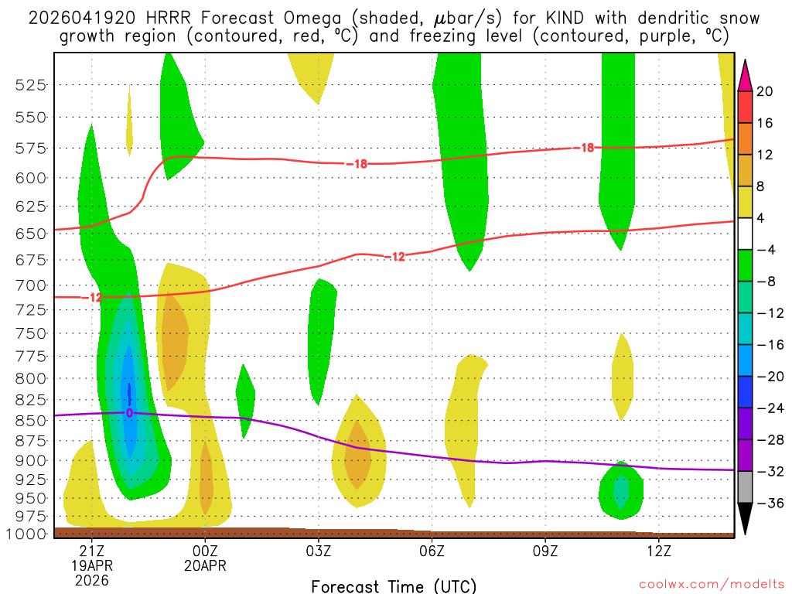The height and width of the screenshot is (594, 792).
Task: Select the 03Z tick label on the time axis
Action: [x=319, y=551]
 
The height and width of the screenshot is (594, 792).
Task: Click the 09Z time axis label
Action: [x=545, y=551]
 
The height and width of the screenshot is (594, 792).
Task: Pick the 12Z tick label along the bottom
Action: [x=658, y=551]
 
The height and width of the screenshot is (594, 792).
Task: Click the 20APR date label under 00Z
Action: [x=205, y=565]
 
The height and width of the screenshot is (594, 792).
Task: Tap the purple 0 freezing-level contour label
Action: [x=129, y=413]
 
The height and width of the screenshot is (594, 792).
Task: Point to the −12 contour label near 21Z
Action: [x=94, y=297]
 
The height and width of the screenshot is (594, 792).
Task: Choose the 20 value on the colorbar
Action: [x=765, y=91]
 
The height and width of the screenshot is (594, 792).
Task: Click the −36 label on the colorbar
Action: [x=767, y=503]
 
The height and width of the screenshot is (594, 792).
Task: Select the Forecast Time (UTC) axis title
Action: [x=394, y=585]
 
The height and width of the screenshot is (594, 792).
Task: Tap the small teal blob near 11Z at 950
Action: [x=621, y=490]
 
